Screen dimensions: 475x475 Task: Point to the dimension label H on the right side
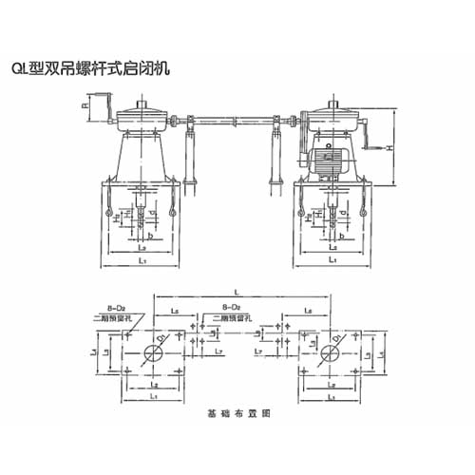388,147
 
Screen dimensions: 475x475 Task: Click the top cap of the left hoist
144,106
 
